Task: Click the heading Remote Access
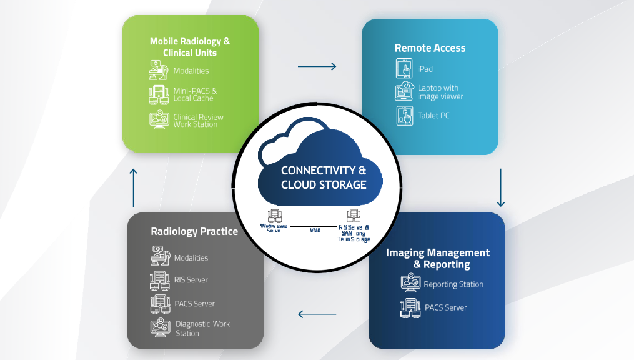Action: click(430, 48)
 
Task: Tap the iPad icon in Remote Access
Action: click(404, 69)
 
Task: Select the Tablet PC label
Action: click(433, 116)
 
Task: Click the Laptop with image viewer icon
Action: click(404, 92)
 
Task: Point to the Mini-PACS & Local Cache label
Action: click(195, 94)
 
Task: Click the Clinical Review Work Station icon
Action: click(159, 120)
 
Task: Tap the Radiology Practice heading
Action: click(194, 232)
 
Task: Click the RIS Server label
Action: click(191, 280)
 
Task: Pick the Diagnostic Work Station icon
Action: click(160, 328)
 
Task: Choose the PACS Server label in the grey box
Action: click(195, 304)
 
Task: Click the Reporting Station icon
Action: click(410, 284)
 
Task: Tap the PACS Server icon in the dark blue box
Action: click(410, 308)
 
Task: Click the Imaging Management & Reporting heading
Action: click(437, 259)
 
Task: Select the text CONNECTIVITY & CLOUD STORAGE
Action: click(324, 177)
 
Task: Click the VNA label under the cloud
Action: click(315, 231)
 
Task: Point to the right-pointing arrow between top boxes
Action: click(317, 66)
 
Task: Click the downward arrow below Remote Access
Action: click(500, 187)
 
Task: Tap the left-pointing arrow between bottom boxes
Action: click(317, 314)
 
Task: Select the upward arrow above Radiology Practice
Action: click(133, 187)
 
